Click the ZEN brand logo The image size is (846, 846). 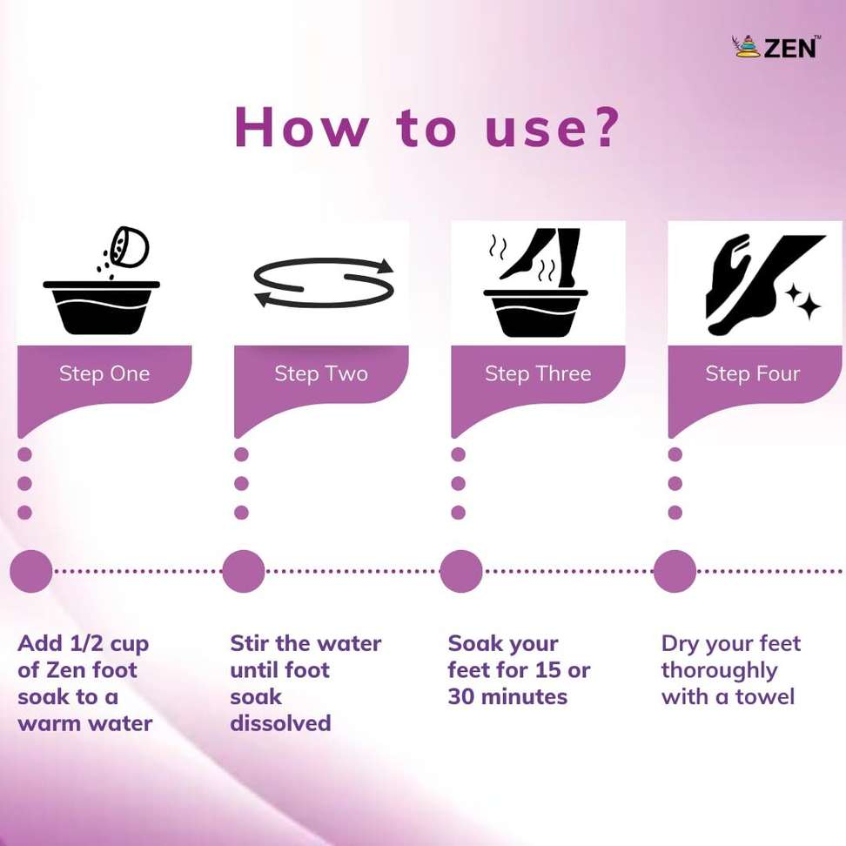tap(775, 47)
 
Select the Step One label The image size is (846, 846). tap(104, 373)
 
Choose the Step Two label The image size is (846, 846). tap(321, 373)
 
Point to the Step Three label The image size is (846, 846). tap(538, 373)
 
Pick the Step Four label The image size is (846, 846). tap(753, 373)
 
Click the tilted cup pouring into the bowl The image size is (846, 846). tap(129, 246)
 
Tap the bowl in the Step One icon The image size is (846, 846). tap(102, 307)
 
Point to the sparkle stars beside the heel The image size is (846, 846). tap(803, 301)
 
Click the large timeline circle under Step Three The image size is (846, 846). tap(460, 571)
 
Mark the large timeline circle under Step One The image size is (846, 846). tap(31, 571)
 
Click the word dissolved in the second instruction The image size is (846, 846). tap(280, 723)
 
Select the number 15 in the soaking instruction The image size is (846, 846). tap(548, 670)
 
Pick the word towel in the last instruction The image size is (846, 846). tap(765, 696)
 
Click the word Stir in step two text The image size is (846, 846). tap(249, 643)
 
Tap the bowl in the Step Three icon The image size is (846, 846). tap(536, 313)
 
